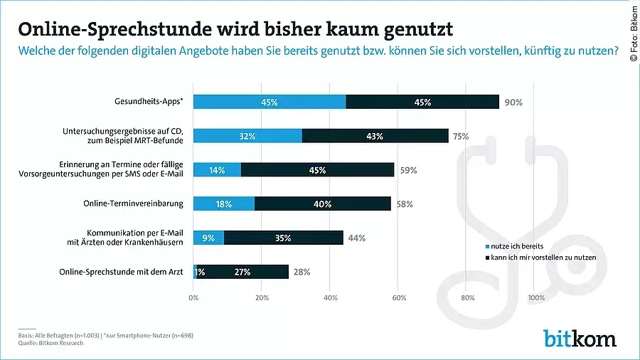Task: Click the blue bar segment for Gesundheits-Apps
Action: pyautogui.click(x=270, y=102)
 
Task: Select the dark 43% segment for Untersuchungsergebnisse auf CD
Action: pyautogui.click(x=375, y=136)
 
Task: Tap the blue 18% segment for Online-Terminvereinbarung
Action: pyautogui.click(x=223, y=203)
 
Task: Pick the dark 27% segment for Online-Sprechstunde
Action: pyautogui.click(x=243, y=272)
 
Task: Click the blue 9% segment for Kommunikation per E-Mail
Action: pyautogui.click(x=208, y=238)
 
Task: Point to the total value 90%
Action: pyautogui.click(x=513, y=102)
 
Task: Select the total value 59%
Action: pyautogui.click(x=407, y=170)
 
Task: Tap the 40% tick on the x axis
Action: pyautogui.click(x=330, y=297)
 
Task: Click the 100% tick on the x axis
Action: pyautogui.click(x=535, y=297)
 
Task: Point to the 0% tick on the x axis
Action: pyautogui.click(x=193, y=297)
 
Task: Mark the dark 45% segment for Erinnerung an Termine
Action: pyautogui.click(x=317, y=170)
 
